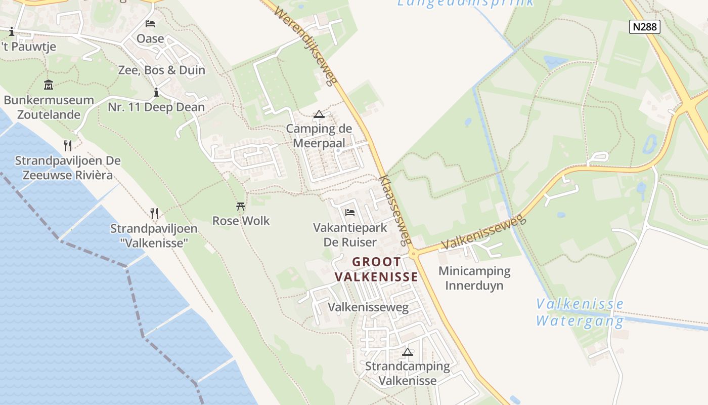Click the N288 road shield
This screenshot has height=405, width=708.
tap(645, 26)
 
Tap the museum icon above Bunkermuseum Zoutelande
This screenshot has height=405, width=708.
tap(49, 85)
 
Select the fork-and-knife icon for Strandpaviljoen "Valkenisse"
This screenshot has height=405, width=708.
tap(154, 213)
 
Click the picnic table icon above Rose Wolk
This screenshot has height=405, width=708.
tap(241, 206)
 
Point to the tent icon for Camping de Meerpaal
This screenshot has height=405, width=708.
tap(319, 114)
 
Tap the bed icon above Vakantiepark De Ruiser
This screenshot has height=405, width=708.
tap(349, 213)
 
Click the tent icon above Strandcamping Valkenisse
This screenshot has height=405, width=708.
tap(407, 352)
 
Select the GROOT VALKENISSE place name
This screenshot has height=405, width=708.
tap(377, 269)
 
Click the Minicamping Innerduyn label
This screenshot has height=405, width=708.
tap(474, 278)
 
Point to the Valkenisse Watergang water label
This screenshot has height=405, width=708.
tap(580, 312)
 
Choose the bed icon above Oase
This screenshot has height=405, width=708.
tap(150, 24)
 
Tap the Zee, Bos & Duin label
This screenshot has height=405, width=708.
tap(161, 70)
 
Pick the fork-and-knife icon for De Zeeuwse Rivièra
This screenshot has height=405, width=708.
tap(68, 146)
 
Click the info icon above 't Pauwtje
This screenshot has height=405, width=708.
tap(12, 32)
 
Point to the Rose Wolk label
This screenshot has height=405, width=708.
tap(241, 221)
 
